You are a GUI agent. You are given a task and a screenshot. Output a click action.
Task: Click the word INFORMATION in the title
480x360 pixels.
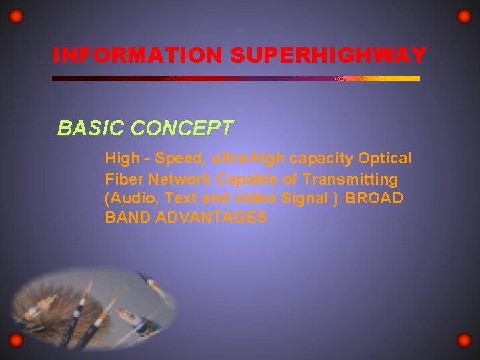tap(138, 55)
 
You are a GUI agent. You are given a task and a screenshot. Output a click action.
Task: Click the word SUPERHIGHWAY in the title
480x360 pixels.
tap(327, 55)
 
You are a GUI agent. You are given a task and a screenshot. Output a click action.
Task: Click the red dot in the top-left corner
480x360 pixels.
tap(17, 16)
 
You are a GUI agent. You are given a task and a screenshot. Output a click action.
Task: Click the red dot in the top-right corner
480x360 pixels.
tap(464, 16)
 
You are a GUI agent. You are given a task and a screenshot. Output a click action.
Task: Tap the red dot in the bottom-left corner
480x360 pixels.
tap(17, 341)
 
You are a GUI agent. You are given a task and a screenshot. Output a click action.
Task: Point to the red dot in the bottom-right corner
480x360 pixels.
tap(464, 341)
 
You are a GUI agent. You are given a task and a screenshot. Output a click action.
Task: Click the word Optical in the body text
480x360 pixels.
tap(385, 159)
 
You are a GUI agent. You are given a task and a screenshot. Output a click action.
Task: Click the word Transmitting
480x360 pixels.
tap(350, 179)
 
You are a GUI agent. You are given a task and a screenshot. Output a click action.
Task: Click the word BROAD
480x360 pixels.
tap(375, 198)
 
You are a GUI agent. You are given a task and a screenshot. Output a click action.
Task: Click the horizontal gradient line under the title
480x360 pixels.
tap(236, 79)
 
